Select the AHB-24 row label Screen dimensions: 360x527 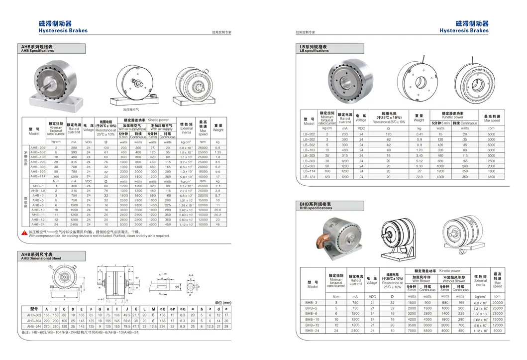(x=38, y=225)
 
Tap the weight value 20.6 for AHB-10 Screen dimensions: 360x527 (x=217, y=210)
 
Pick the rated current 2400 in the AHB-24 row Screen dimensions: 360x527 (x=74, y=225)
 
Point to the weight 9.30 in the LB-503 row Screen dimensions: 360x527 (x=419, y=166)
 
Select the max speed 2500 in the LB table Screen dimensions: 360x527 (x=492, y=161)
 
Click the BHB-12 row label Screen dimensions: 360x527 (x=312, y=325)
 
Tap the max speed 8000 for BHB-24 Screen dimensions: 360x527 (x=498, y=330)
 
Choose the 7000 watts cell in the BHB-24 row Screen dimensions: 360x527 (x=412, y=330)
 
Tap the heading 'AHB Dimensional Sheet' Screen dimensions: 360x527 (x=41, y=259)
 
